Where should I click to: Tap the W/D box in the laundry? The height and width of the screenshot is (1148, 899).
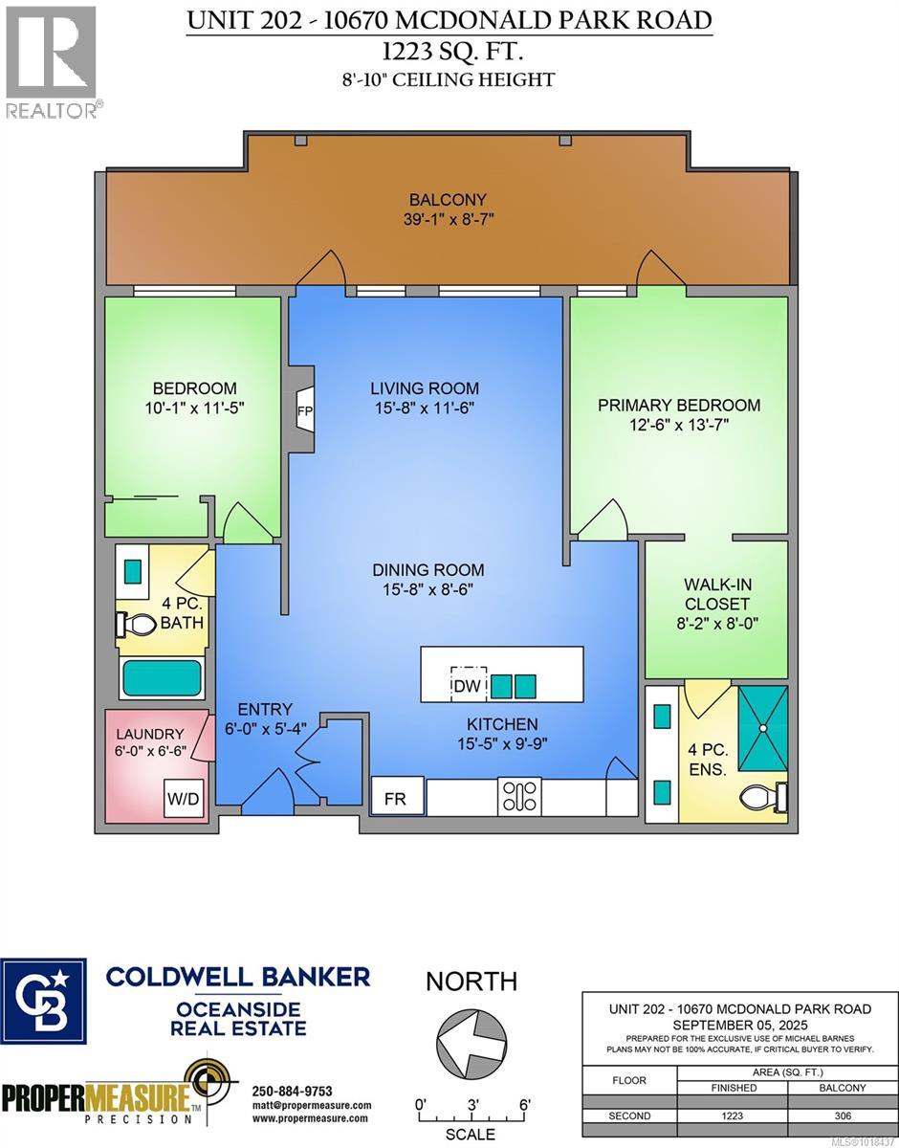(x=185, y=798)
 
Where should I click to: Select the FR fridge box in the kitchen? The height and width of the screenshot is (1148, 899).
(x=396, y=797)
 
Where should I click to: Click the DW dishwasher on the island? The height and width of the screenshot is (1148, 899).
(x=468, y=685)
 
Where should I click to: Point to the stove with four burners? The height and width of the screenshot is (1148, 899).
(x=519, y=797)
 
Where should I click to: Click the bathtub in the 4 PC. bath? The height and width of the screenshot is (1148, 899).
(x=162, y=678)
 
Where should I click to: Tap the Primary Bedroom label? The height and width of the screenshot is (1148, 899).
(x=679, y=405)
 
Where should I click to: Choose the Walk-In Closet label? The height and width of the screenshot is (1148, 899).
(x=716, y=593)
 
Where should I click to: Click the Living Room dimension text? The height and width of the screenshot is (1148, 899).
(x=425, y=408)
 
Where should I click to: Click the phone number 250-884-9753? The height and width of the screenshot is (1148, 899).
(x=292, y=1091)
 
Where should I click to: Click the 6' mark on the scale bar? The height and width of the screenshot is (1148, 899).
(x=524, y=1103)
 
